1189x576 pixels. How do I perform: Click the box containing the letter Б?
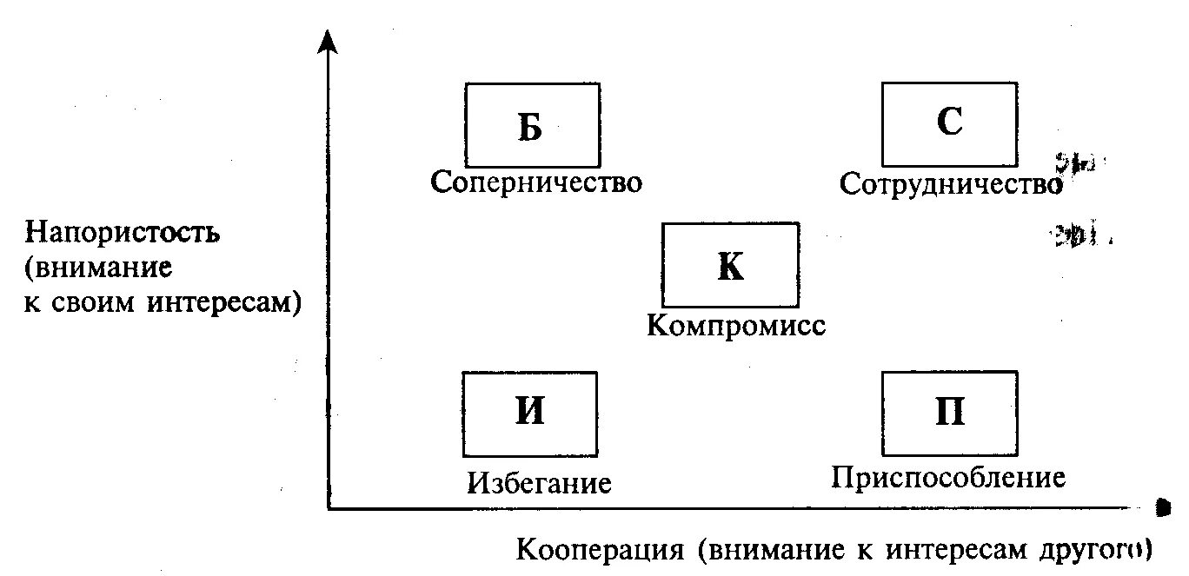pos(532,125)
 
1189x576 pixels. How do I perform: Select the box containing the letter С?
pos(949,122)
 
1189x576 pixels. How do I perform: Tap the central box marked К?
pos(730,263)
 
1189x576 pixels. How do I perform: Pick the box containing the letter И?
pos(529,413)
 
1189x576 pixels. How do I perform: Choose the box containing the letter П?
pos(949,413)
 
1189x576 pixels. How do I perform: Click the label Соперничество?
pos(536,183)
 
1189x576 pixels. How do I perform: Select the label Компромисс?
pos(735,326)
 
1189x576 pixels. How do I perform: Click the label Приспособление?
pos(947,478)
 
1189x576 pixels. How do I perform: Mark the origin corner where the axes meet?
pos(329,508)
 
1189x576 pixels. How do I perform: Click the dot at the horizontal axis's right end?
pos(1161,505)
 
